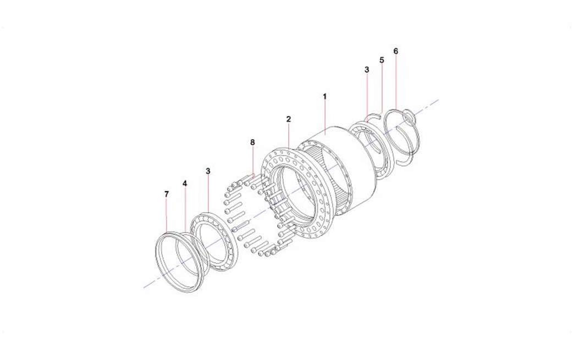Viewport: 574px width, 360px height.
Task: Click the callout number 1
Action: click(325, 97)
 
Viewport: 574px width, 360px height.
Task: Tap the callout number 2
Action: click(289, 119)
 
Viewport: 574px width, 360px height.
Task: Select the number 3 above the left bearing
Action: click(208, 171)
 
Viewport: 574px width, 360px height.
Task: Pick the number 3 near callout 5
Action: click(367, 69)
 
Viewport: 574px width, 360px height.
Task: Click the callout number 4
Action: click(185, 184)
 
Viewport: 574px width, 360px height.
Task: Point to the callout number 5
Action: click(382, 60)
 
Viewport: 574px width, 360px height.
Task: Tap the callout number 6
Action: click(396, 51)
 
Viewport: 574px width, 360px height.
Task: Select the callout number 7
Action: click(167, 194)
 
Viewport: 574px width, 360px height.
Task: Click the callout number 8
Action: click(252, 142)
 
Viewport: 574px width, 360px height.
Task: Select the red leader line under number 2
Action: click(289, 136)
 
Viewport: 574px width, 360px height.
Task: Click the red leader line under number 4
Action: click(185, 211)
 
